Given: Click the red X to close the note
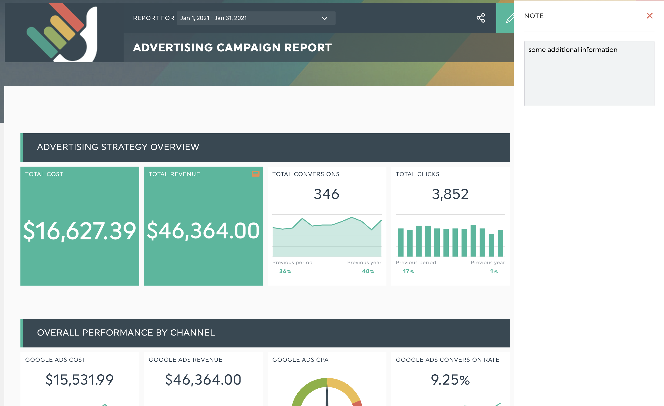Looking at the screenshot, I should [x=650, y=16].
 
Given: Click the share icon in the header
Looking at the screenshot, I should [x=481, y=18].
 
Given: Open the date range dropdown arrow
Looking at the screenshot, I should [x=324, y=18].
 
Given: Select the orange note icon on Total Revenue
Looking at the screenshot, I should [x=255, y=174].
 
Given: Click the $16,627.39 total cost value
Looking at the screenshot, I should [x=80, y=231].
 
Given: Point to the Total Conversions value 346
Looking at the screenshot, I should [x=326, y=194].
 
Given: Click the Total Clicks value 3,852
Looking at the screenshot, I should [x=450, y=194].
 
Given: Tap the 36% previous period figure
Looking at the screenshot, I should [x=285, y=271].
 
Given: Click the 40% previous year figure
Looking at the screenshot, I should [x=368, y=271].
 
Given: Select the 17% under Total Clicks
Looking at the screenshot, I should [x=408, y=271].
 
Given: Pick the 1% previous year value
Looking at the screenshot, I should [x=494, y=271].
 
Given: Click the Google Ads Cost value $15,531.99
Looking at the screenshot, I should [x=80, y=380].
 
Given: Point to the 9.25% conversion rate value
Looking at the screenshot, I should [x=450, y=380].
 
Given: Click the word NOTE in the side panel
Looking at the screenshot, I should [x=534, y=16].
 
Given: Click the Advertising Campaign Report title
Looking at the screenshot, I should [x=232, y=48].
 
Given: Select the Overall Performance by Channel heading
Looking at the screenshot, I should [x=126, y=332].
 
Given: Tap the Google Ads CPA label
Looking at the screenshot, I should [x=300, y=360].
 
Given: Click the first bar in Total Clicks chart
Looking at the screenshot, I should [x=400, y=242].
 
